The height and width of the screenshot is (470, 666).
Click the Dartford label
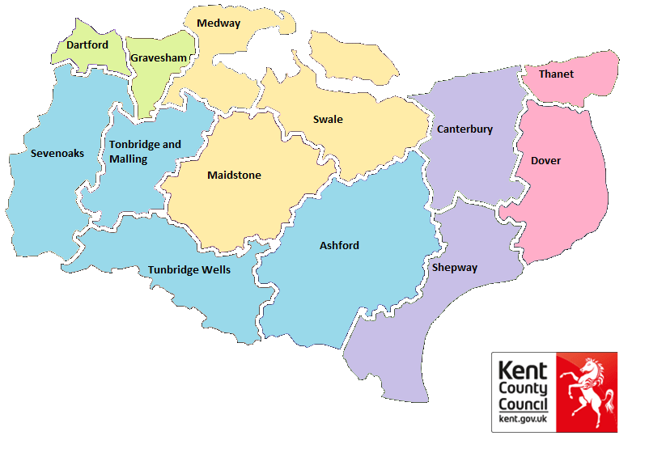click(x=87, y=44)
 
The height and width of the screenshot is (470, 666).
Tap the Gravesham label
click(x=159, y=58)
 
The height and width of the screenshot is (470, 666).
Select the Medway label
click(x=218, y=23)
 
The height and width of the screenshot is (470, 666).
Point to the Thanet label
click(x=556, y=74)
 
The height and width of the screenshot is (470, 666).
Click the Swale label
click(x=328, y=120)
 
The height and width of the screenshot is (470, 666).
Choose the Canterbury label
click(x=465, y=129)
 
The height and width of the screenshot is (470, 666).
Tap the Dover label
click(x=545, y=160)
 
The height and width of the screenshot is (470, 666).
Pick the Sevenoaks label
click(x=57, y=153)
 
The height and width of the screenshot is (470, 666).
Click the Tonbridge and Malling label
click(x=145, y=152)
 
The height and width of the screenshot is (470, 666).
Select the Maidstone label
click(x=234, y=175)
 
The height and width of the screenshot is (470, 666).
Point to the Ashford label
click(x=339, y=245)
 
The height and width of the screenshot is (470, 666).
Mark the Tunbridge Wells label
click(x=189, y=269)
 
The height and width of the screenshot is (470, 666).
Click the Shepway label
click(x=455, y=268)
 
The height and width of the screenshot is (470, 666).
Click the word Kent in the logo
click(x=523, y=372)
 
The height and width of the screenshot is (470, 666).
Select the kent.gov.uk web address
click(x=523, y=419)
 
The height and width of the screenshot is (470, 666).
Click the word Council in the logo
click(x=523, y=404)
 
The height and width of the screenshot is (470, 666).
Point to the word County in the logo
click(x=523, y=389)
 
